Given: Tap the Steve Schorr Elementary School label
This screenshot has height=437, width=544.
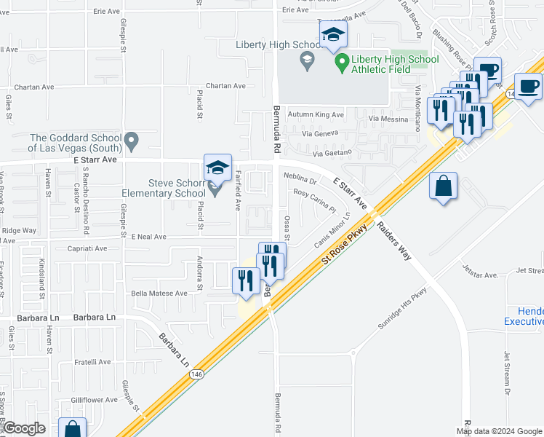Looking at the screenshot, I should point(167,188).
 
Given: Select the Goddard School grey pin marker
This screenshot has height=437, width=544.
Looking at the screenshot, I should point(131,138).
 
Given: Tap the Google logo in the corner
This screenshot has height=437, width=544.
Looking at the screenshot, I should point(24,428).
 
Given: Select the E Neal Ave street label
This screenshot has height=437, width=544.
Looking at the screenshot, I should point(149,237).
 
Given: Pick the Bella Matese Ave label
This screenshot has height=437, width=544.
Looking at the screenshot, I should point(159,294).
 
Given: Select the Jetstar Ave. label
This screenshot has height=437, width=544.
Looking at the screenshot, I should point(479,275).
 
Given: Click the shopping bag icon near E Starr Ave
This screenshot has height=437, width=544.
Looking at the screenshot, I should point(443,186).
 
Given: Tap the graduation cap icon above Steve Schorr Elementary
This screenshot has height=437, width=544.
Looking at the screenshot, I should point(217,168).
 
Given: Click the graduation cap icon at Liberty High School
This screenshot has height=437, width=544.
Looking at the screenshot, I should point(333,34).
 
